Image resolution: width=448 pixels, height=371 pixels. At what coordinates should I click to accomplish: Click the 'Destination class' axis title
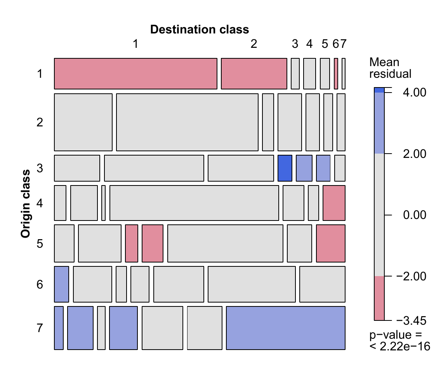click(200, 30)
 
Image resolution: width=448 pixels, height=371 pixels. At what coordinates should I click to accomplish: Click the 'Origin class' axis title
click(26, 203)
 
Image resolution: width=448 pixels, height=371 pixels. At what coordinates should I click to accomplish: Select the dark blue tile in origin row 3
click(285, 168)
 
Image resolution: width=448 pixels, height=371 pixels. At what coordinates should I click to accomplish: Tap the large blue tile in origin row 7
click(286, 328)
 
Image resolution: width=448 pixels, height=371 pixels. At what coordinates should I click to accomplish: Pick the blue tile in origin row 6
click(61, 284)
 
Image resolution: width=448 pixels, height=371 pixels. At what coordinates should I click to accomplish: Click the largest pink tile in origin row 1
click(136, 74)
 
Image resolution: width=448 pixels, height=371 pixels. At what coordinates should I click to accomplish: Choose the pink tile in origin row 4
click(334, 203)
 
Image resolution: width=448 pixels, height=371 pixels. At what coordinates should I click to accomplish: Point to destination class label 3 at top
click(295, 44)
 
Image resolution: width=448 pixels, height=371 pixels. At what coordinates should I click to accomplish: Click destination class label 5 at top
click(325, 44)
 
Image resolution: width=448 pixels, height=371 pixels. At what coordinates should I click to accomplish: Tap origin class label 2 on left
click(40, 122)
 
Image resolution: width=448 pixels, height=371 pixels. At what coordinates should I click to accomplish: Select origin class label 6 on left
click(40, 285)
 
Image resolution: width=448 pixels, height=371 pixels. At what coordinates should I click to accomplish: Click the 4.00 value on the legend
click(414, 93)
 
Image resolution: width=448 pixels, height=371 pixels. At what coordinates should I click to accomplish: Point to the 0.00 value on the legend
click(414, 215)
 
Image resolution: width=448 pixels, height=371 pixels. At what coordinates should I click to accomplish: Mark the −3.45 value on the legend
click(411, 320)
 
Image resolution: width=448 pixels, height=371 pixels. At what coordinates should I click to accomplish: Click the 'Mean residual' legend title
click(390, 68)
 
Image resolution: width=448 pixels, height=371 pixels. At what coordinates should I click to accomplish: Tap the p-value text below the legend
click(400, 341)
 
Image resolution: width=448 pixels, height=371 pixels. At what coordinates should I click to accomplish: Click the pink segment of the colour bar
click(379, 298)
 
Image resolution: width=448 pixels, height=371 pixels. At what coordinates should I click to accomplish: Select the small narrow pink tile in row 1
click(336, 74)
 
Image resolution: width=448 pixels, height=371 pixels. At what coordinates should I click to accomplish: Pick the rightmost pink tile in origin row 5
click(331, 243)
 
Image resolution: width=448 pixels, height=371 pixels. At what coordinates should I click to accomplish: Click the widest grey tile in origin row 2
click(187, 122)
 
